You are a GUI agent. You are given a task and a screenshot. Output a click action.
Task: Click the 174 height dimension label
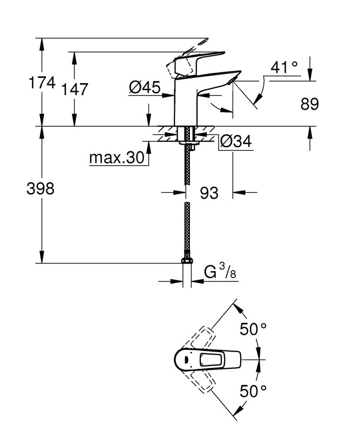[x=42, y=83]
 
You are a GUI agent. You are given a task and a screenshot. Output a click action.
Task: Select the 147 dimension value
[x=74, y=89]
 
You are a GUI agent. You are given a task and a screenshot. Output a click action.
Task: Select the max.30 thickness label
[x=117, y=158]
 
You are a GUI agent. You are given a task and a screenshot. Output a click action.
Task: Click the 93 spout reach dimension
[x=209, y=192]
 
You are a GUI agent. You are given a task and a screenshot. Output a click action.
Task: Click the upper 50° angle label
[x=254, y=329]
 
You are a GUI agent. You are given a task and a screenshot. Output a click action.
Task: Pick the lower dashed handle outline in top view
[x=202, y=381]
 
